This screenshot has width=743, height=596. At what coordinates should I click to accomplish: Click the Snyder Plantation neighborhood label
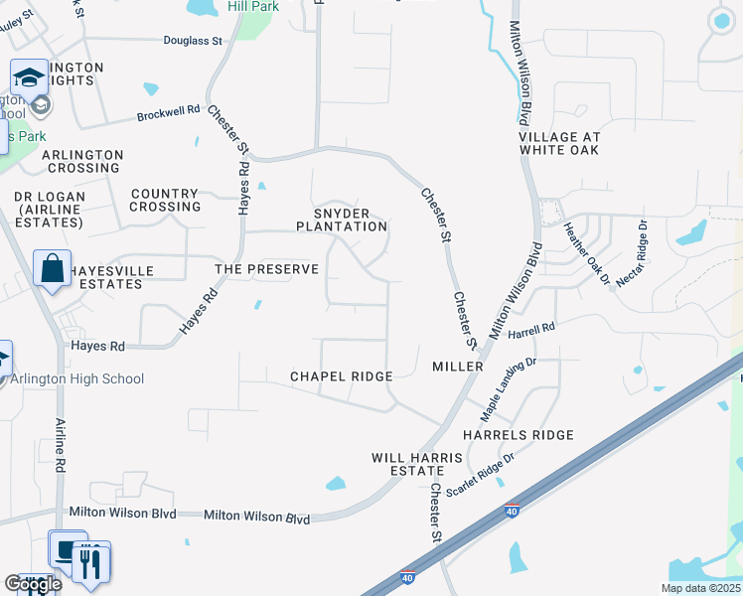click(x=342, y=220)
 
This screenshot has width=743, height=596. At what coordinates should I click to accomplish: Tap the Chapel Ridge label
click(x=342, y=376)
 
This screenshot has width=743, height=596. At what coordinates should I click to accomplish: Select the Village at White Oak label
click(x=559, y=143)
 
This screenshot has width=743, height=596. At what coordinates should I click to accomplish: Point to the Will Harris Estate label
click(x=417, y=464)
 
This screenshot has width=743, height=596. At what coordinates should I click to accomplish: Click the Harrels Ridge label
click(x=519, y=435)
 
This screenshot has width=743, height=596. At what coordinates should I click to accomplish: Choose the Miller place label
click(x=458, y=367)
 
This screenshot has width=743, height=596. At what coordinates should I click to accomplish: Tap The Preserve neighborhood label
click(x=268, y=269)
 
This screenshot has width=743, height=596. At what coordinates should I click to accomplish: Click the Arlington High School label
click(x=77, y=378)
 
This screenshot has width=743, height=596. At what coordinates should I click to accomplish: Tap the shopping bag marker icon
click(x=52, y=269)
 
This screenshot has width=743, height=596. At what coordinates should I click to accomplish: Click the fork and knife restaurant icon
click(x=91, y=563)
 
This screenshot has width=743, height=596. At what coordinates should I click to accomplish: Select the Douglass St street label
click(x=193, y=41)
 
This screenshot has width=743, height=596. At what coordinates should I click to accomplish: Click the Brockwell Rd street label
click(x=169, y=113)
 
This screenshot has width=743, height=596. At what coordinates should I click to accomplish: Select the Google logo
click(x=32, y=584)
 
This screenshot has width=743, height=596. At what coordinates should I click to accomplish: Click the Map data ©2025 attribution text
click(x=700, y=588)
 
